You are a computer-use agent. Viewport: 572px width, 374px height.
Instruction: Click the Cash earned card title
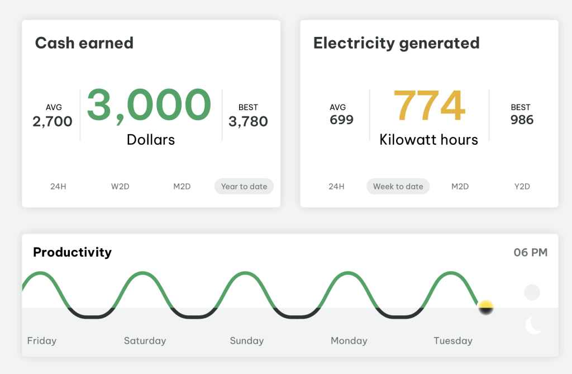click(x=84, y=43)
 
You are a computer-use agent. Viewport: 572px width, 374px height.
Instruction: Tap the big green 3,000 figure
click(x=149, y=105)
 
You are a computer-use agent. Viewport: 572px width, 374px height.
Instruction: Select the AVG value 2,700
click(x=53, y=121)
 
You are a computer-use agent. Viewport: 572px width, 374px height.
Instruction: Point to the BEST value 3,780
click(x=248, y=121)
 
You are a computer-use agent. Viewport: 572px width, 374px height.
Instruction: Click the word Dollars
click(x=151, y=139)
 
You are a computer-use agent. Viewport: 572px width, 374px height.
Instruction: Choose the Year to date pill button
click(x=244, y=186)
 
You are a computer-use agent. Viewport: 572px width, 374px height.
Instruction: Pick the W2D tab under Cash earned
click(x=120, y=186)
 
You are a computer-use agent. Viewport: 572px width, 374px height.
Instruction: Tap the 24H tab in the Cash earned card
click(x=58, y=186)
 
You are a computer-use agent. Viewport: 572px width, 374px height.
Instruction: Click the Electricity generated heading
click(x=396, y=43)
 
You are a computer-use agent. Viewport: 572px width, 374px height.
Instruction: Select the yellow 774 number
click(x=429, y=106)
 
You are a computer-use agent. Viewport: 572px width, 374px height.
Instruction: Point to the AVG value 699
click(x=341, y=120)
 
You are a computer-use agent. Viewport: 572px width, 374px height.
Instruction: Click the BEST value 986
click(x=522, y=120)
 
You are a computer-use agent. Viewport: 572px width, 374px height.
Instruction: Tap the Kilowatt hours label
click(x=428, y=139)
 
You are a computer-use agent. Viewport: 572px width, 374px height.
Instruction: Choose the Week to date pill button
click(x=398, y=186)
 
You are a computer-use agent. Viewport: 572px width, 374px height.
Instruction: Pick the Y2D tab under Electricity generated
click(x=522, y=186)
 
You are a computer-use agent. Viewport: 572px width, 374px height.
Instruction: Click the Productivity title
click(x=72, y=252)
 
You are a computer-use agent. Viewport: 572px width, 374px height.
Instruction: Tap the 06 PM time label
click(x=530, y=253)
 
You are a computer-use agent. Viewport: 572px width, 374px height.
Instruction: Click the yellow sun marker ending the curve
click(x=487, y=307)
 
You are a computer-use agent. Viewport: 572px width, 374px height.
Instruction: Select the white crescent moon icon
click(x=533, y=325)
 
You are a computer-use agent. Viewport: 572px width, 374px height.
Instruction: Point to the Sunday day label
click(x=246, y=340)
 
